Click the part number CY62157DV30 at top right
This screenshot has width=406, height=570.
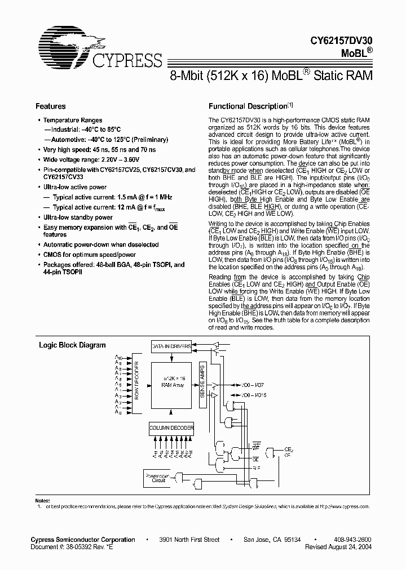(342, 41)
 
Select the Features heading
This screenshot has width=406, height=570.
(51, 106)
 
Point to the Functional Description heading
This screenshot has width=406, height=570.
(248, 106)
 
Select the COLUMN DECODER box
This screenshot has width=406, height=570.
(171, 429)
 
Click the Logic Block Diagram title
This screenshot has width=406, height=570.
(72, 345)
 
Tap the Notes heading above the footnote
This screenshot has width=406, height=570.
(42, 500)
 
